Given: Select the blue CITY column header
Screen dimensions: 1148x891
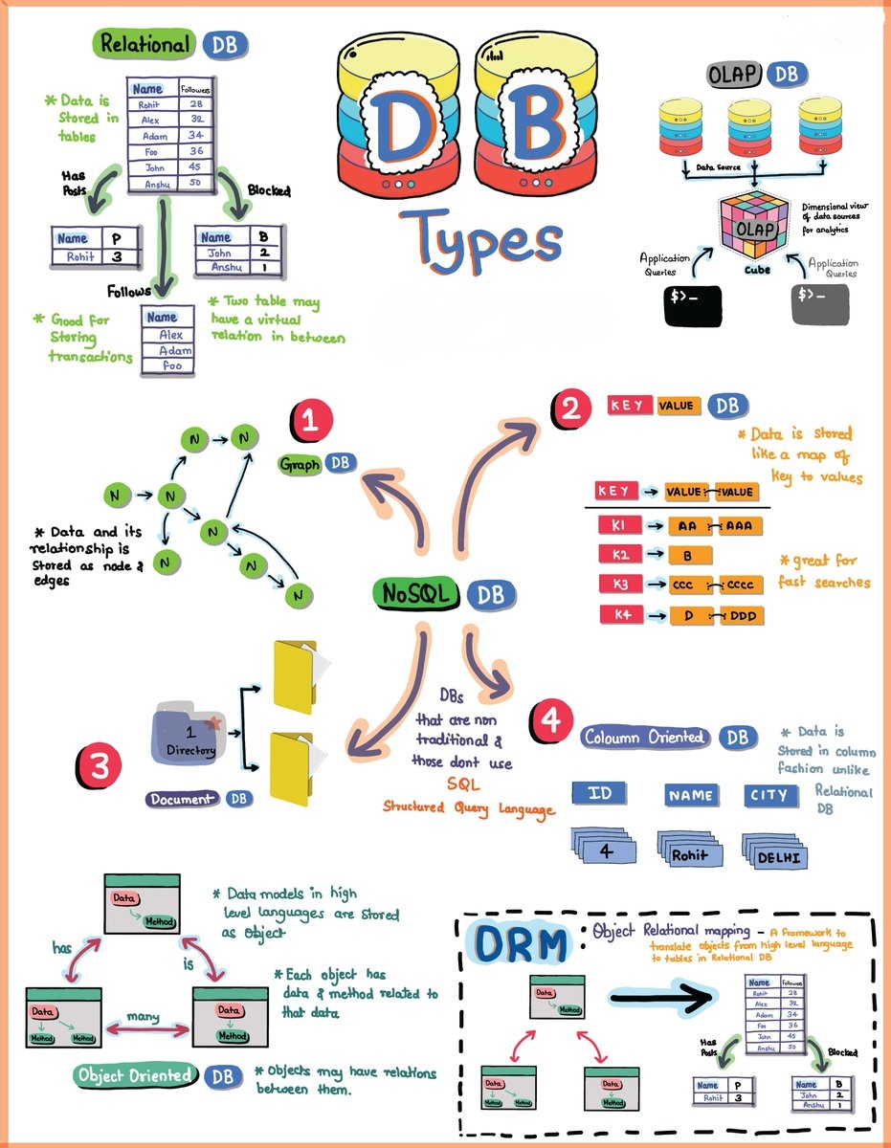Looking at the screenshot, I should click(768, 794).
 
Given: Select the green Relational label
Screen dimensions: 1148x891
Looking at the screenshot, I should click(145, 44).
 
